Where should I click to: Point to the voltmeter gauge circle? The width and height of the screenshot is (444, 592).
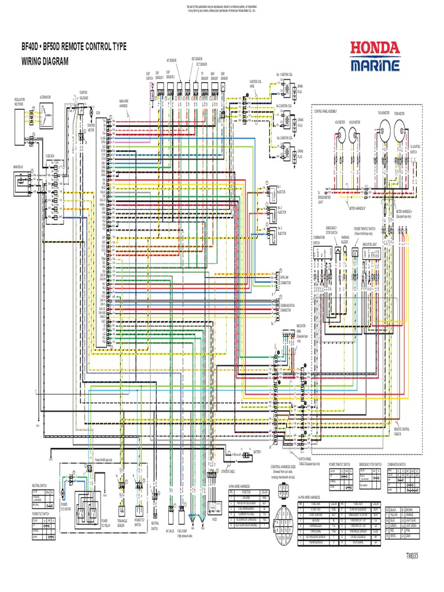(x=339, y=135)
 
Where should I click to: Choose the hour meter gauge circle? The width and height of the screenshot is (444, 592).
(x=354, y=135)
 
